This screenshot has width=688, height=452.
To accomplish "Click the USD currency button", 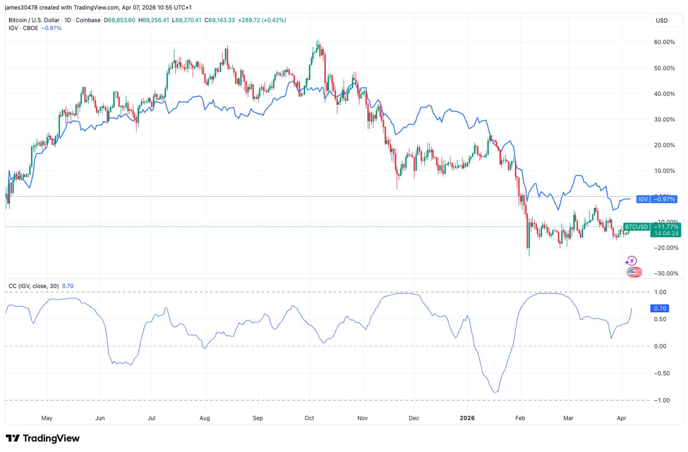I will pyautogui.click(x=662, y=21).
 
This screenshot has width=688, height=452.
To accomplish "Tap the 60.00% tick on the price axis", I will pyautogui.click(x=664, y=42).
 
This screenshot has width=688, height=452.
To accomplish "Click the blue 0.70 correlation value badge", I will pyautogui.click(x=660, y=308).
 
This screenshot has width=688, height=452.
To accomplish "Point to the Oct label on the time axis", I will pyautogui.click(x=309, y=418).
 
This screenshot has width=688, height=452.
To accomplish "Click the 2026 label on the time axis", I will pyautogui.click(x=467, y=418).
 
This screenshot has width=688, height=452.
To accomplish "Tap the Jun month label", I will pyautogui.click(x=100, y=418).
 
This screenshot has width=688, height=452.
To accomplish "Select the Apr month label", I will pyautogui.click(x=621, y=418).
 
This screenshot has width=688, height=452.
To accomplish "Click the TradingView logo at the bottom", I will pyautogui.click(x=43, y=439).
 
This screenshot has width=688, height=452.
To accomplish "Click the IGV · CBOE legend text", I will pyautogui.click(x=23, y=28).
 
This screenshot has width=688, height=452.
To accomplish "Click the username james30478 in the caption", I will pyautogui.click(x=21, y=8).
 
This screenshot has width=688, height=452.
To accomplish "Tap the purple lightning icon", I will pyautogui.click(x=631, y=261).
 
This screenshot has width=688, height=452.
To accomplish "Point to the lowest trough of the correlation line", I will pyautogui.click(x=496, y=392).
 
